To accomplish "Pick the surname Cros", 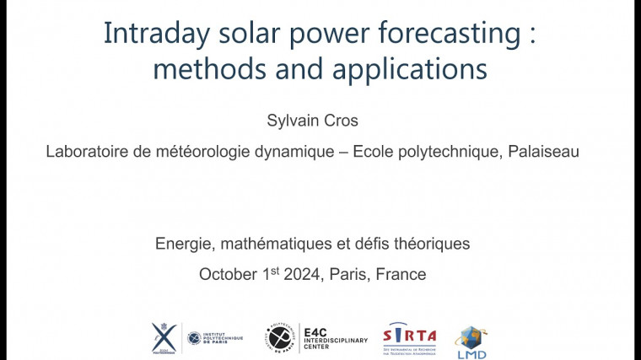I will point(342,121).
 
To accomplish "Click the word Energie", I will point(183,244).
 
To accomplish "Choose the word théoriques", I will point(427,244).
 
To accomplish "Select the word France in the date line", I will point(401,274).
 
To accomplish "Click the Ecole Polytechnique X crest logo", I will point(164,336).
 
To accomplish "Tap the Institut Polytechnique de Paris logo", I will point(214,337).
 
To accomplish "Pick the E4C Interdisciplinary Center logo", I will point(316,337).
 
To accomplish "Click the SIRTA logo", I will point(409,336).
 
